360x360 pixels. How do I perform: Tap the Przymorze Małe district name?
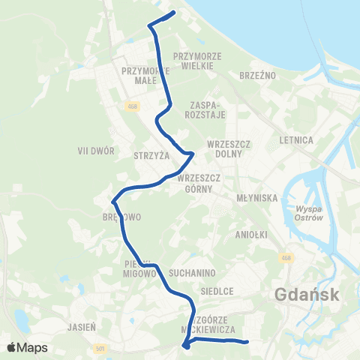tap(138, 76)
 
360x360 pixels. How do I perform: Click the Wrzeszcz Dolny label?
tap(226, 148)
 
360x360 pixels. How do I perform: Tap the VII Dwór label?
tap(96, 150)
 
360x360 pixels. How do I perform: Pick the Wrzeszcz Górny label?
tap(196, 184)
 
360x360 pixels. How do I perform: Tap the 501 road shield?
tap(102, 349)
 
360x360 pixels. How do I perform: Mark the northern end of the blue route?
tap(174, 12)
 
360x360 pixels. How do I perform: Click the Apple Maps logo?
tap(27, 348)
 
